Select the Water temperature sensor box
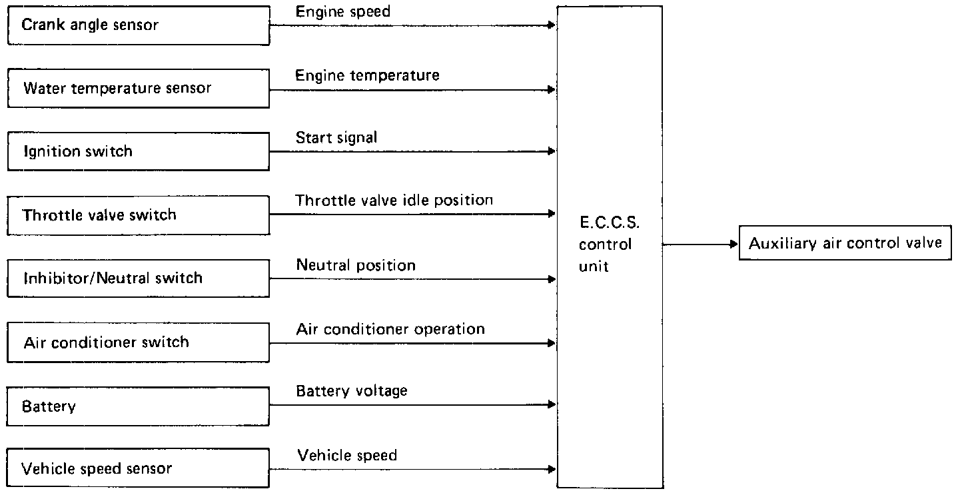(138, 89)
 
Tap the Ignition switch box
(138, 151)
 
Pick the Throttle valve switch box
(138, 215)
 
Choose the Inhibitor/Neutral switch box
(138, 278)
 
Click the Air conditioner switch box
(138, 342)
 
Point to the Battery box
(138, 406)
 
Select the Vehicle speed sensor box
(138, 468)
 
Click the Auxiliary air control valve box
(845, 243)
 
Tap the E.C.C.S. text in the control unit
(605, 222)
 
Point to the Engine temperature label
(368, 75)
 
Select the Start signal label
(336, 138)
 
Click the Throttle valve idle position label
(394, 200)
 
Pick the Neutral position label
(356, 264)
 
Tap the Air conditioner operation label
(390, 329)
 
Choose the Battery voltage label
(352, 391)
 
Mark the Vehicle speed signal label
(347, 456)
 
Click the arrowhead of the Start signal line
(552, 152)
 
